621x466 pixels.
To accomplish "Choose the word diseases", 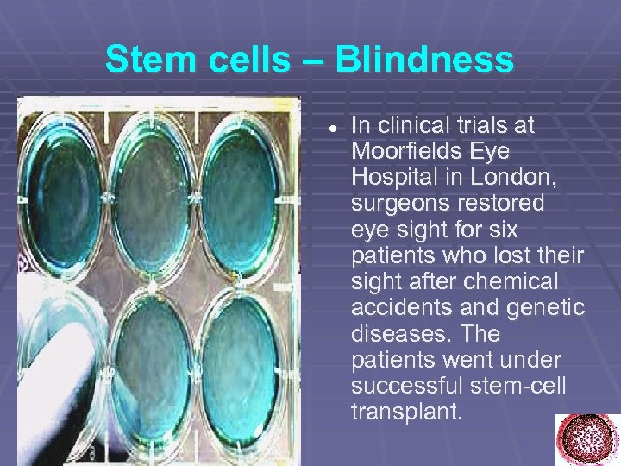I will coord(392,334).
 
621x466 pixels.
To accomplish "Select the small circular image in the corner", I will coord(586,438).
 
